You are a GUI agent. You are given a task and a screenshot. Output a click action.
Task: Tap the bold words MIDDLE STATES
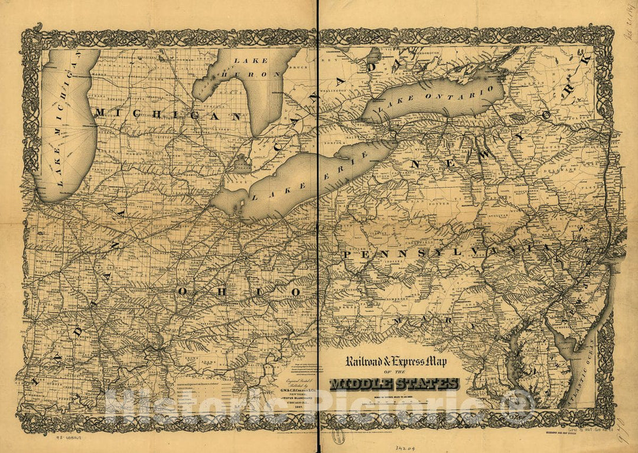click(395, 384)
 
